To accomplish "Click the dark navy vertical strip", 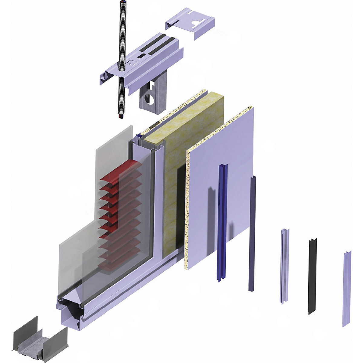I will tap(252, 233).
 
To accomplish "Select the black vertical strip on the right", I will tap(312, 275).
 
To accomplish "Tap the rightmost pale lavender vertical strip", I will tap(347, 287).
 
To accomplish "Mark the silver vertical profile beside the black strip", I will tap(284, 266).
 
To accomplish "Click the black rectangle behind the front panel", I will tap(181, 206).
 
